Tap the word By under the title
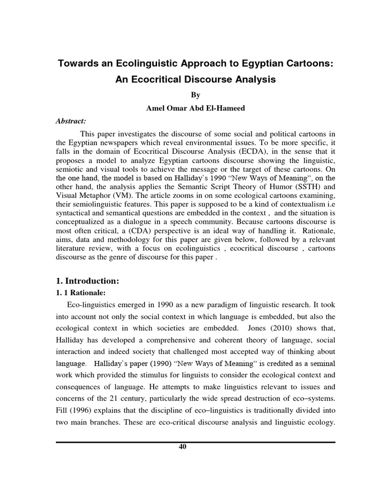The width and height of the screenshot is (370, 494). [x=196, y=96]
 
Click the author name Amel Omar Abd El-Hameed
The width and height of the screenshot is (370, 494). [x=196, y=108]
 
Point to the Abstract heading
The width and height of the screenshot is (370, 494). [x=70, y=121]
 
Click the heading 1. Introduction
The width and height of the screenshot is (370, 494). [x=87, y=281]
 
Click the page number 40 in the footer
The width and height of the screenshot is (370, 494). [x=182, y=446]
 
